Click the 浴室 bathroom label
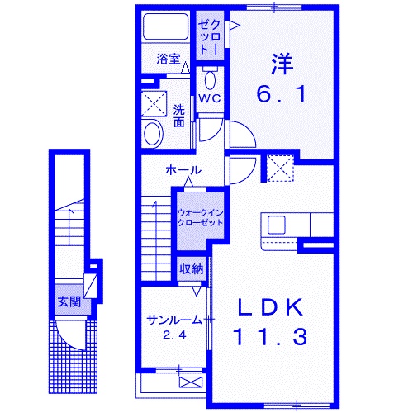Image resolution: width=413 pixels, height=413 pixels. [x=169, y=59]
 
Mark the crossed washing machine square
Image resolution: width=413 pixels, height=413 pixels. [x=153, y=103]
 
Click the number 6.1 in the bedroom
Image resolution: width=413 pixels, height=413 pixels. [x=282, y=94]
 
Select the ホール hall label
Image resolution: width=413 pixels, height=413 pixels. [x=183, y=170]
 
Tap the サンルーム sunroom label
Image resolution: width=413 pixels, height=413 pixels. [x=174, y=320]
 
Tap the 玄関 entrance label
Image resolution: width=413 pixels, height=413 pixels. [x=69, y=301]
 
